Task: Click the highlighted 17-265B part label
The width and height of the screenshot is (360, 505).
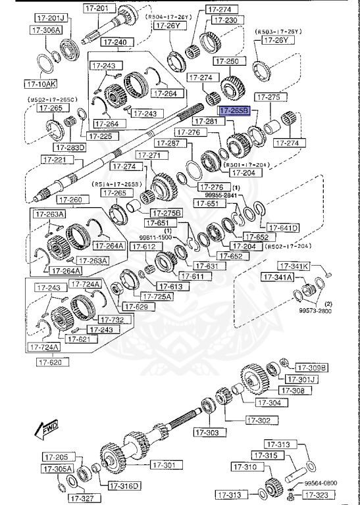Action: pyautogui.click(x=234, y=112)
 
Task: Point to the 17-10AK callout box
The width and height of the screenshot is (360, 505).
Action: pyautogui.click(x=41, y=84)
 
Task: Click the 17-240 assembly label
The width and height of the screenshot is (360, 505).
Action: pyautogui.click(x=116, y=43)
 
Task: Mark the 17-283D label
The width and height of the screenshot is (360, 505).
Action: pyautogui.click(x=70, y=147)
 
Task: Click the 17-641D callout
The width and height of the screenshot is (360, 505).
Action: pyautogui.click(x=283, y=228)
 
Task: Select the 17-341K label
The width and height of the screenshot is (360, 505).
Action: pyautogui.click(x=292, y=266)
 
